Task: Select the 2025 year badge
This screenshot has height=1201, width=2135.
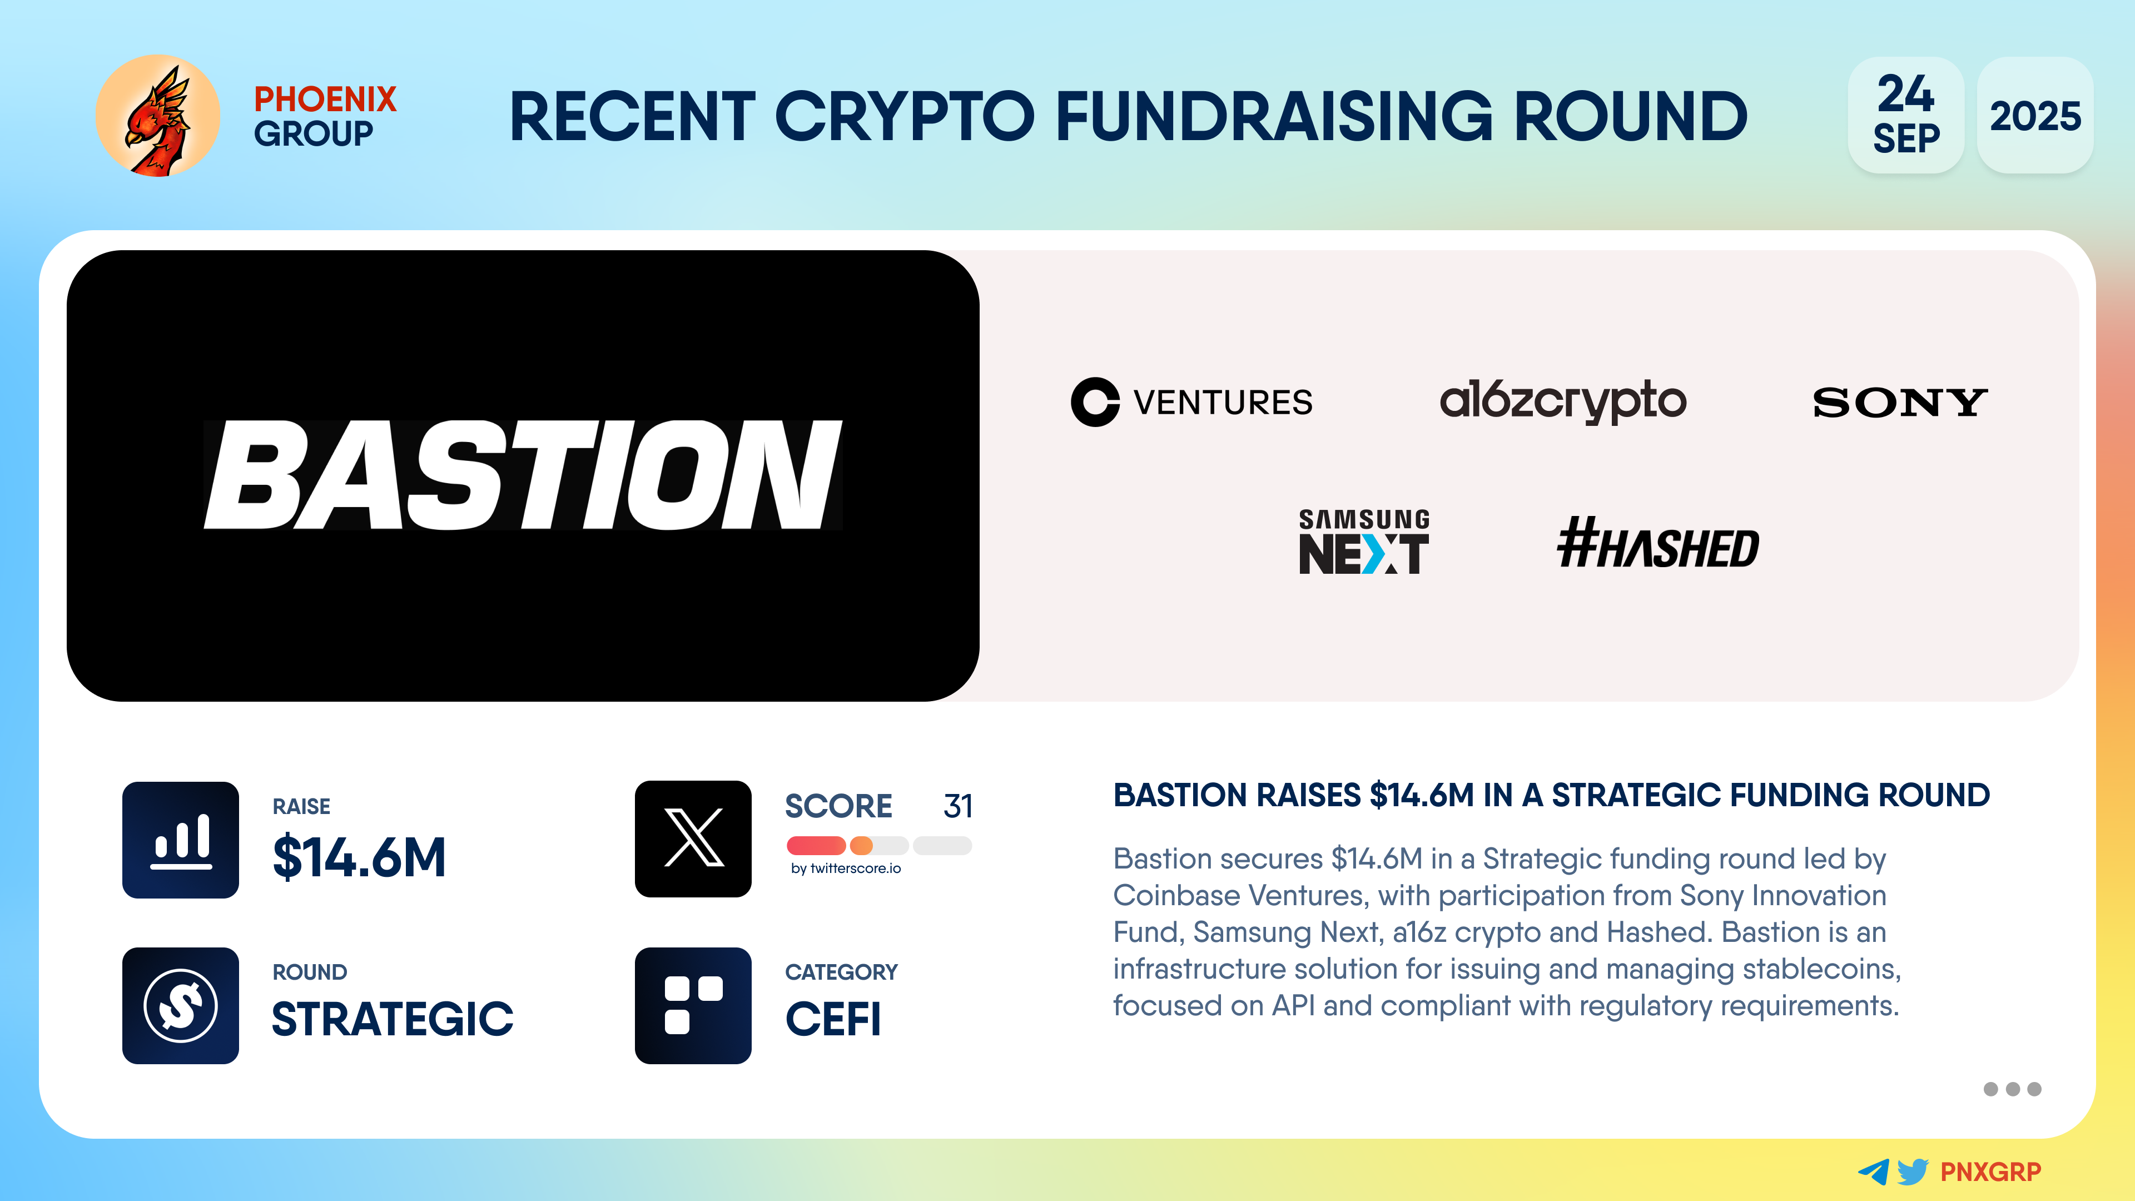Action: [2035, 115]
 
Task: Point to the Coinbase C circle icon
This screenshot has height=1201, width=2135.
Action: [1095, 402]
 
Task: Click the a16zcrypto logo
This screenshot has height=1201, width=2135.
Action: [1562, 401]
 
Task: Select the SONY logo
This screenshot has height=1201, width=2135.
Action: [1900, 403]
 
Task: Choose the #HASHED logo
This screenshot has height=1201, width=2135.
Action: [1657, 544]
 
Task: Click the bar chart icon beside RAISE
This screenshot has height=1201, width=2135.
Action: [181, 840]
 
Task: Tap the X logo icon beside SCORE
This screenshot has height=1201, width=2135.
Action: [693, 839]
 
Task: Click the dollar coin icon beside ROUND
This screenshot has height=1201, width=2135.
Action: [181, 1005]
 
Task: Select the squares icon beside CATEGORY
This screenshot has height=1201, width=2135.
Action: [693, 1005]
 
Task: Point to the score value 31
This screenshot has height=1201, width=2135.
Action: [958, 806]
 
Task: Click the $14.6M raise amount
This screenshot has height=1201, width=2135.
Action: [359, 857]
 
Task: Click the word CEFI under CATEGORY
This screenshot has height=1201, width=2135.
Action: [833, 1019]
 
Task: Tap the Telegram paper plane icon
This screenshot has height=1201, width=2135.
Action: [1874, 1172]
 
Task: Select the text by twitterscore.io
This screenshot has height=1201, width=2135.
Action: [845, 868]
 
